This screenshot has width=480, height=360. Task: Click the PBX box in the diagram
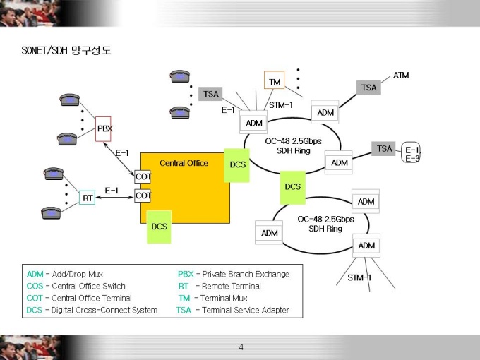103,129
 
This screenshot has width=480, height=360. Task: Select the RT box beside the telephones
88,198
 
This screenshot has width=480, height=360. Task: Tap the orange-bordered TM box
275,80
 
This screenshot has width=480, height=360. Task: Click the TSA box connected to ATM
368,88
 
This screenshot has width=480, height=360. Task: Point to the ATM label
401,75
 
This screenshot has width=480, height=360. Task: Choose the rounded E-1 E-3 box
411,152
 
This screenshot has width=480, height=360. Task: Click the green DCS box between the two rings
293,187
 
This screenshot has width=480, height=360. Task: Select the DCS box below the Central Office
160,227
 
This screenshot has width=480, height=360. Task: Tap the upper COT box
143,176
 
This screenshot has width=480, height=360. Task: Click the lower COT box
143,196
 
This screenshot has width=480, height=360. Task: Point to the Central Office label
184,163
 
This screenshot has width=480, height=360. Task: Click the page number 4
241,347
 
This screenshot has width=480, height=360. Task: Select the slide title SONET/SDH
44,50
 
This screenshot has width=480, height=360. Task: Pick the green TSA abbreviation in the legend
184,310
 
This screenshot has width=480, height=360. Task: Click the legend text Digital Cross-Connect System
104,311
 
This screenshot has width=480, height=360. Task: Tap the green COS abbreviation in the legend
35,286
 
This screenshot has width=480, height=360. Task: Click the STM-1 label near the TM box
281,105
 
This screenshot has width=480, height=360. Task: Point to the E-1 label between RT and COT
112,191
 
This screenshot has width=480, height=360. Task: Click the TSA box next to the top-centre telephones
210,94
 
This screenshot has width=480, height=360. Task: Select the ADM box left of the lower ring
269,233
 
